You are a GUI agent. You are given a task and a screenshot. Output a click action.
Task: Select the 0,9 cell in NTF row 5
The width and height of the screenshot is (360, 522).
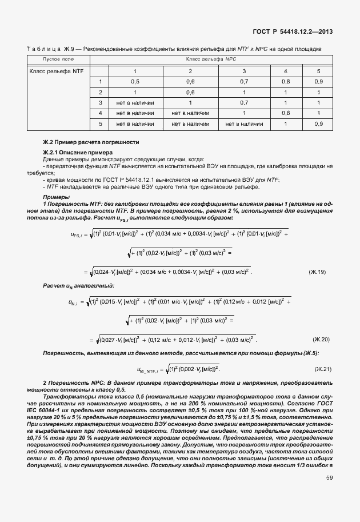(x=318, y=123)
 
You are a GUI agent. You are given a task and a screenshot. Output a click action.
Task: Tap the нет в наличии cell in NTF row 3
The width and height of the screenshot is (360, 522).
(x=135, y=102)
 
